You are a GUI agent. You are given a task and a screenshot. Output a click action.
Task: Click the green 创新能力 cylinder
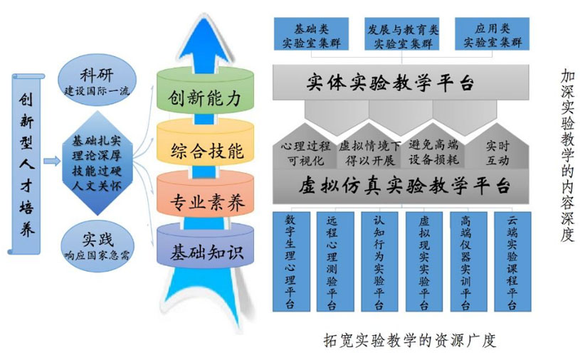pyautogui.click(x=205, y=97)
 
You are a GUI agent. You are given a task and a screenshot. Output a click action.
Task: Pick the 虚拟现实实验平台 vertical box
pyautogui.click(x=424, y=260)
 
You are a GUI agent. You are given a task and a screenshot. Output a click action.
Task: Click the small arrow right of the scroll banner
pyautogui.click(x=51, y=162)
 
